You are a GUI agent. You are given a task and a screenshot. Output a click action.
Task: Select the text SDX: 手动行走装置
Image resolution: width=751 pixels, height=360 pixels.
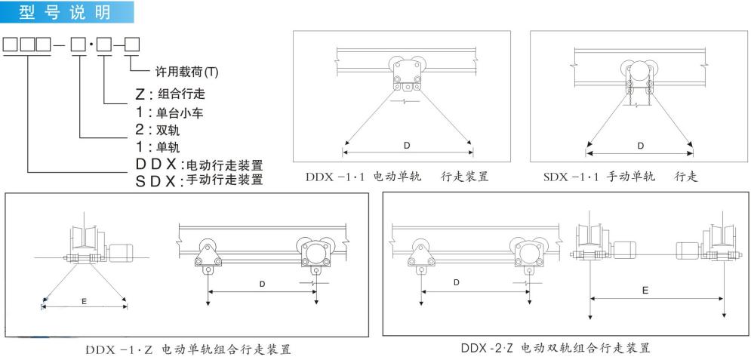197,180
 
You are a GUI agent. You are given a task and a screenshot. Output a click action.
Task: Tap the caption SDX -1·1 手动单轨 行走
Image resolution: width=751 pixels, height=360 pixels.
623,177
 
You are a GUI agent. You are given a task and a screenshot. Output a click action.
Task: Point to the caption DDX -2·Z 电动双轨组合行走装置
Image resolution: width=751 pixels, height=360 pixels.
556,348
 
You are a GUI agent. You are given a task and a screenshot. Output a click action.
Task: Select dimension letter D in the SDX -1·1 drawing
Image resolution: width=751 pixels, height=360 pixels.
641,146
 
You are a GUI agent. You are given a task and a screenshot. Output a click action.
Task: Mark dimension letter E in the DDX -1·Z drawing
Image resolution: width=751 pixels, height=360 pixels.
85,300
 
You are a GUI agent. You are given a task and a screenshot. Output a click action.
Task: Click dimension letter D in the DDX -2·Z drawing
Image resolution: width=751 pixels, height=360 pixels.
457,282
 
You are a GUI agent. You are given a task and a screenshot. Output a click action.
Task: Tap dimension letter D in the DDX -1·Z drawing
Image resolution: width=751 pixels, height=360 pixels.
262,284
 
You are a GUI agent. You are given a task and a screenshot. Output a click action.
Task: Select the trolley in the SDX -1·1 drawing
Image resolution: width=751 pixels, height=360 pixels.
640,78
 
